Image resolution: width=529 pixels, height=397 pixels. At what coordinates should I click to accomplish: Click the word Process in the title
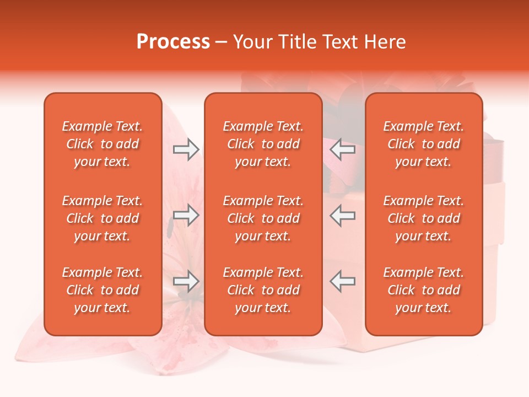pos(173,42)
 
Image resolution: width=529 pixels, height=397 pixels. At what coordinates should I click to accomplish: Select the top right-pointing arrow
pos(186,149)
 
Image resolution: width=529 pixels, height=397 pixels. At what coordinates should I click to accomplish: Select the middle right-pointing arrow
pos(186,215)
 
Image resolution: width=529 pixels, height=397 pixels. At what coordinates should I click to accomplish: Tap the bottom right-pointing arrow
pos(186,281)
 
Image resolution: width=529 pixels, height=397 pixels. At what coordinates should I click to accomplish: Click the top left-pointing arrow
pos(342,149)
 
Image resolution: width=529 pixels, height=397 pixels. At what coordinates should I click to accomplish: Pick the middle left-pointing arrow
pos(342,215)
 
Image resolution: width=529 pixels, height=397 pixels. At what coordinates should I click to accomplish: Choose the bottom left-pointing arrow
pos(342,281)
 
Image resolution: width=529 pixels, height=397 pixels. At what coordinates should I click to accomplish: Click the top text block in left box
pos(102,144)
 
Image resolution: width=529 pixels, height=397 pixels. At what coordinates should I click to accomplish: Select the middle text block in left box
pos(102,218)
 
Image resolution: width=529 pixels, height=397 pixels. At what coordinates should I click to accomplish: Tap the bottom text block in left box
pos(102,290)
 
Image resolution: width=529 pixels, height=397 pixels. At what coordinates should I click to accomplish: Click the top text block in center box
pos(263,144)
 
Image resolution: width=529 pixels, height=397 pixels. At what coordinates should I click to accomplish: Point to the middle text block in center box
pos(263,218)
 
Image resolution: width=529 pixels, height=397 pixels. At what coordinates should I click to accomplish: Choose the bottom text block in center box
pos(263,290)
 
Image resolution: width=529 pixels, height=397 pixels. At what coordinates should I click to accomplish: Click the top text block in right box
pos(423,144)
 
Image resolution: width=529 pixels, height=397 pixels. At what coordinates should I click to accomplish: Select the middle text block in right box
pos(423,218)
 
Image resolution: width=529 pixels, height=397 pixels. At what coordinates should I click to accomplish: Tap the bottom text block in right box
pos(423,290)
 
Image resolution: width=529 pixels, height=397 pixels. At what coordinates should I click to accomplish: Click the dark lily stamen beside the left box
pos(170,226)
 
